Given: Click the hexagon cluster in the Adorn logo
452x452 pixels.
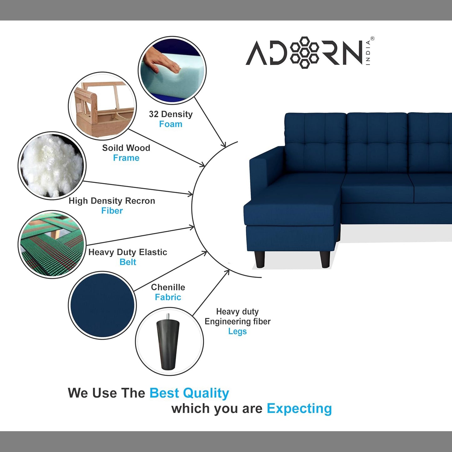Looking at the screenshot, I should [305, 53].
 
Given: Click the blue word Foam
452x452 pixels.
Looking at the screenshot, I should [170, 124].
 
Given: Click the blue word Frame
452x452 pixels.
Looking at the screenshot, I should [126, 158].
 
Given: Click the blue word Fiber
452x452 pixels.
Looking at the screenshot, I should [112, 211].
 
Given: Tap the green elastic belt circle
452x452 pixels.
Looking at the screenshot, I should [52, 244].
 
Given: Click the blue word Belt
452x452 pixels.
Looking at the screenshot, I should [128, 262].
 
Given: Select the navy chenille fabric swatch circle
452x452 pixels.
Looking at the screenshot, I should [102, 305].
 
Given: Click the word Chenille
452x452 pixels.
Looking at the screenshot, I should [168, 287].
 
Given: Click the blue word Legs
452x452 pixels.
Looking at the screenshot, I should [237, 332].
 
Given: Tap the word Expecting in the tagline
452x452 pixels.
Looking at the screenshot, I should [299, 409].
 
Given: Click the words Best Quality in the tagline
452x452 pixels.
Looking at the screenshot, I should [189, 393].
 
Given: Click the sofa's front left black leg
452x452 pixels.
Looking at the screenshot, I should [260, 259].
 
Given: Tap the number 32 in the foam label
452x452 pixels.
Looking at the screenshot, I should [154, 114].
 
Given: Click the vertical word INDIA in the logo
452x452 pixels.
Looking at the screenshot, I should [368, 53].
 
